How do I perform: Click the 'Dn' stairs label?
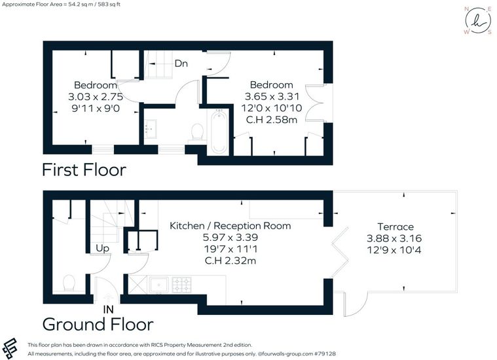tap(181, 63)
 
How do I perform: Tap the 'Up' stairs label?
tap(102, 249)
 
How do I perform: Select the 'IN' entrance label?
tap(109, 310)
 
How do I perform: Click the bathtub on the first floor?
tap(219, 132)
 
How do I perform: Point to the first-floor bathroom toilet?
tap(198, 132)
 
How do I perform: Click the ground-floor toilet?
tap(69, 283)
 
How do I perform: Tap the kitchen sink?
tap(159, 285)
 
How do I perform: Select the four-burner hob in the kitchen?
tap(181, 285)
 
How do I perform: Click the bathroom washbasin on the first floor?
tap(150, 129)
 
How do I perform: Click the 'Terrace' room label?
tap(396, 226)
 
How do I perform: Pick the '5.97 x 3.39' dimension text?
tap(230, 238)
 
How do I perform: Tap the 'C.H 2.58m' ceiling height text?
tap(272, 120)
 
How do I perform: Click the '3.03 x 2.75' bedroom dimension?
tap(96, 96)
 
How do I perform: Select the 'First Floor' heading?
tap(84, 170)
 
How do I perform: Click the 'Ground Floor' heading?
tap(98, 325)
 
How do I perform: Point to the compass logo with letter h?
tap(479, 20)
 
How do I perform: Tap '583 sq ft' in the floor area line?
tap(109, 5)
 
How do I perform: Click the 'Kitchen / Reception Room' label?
tap(230, 226)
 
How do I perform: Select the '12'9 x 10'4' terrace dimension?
tap(394, 250)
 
